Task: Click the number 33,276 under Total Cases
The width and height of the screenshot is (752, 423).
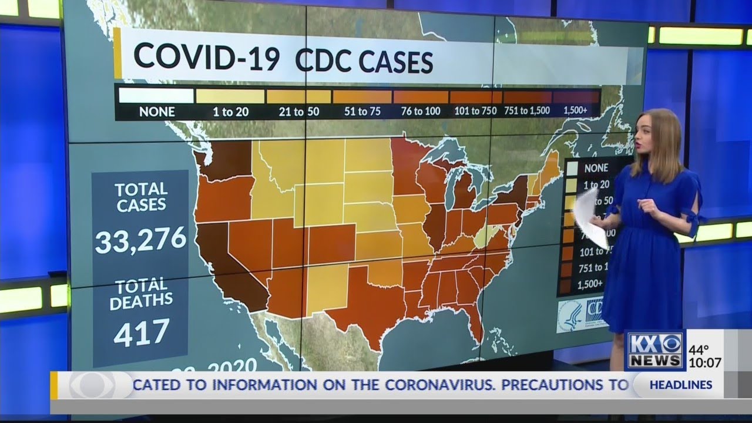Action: (x=140, y=240)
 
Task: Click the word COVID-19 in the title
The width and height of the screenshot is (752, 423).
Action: (x=206, y=57)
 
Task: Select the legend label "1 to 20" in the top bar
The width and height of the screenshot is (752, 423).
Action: (x=230, y=111)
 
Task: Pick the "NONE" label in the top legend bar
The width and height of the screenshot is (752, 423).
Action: (x=157, y=111)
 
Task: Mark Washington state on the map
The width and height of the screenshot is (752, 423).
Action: (x=226, y=159)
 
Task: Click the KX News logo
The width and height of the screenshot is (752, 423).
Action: (x=654, y=350)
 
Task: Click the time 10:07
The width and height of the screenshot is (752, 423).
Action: (x=704, y=363)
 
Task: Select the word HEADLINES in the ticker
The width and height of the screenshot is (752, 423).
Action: (x=681, y=385)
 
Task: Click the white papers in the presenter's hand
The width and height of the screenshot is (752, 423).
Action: (x=590, y=217)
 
